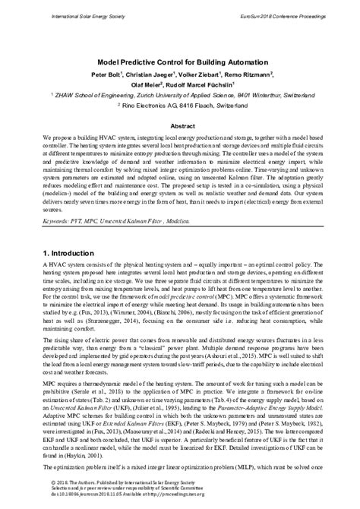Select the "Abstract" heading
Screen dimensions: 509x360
[179, 126]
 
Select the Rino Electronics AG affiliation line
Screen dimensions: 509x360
[179, 108]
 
